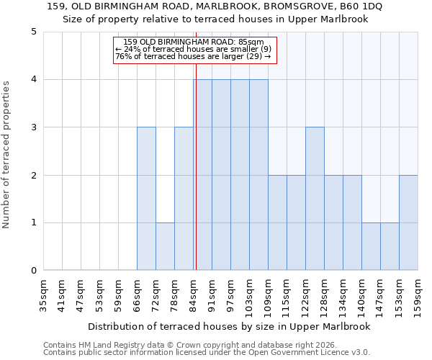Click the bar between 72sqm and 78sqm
165,246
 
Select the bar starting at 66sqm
146,199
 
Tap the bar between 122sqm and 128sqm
315,199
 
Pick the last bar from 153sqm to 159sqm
408,222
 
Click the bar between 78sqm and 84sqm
184,199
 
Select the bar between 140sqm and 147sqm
371,246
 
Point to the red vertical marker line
196,180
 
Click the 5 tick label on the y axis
33,32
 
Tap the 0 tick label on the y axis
33,271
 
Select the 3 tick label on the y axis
33,127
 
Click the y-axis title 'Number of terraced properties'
6,155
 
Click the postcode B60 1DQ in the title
358,6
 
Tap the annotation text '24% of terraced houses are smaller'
193,49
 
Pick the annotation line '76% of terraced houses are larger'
188,56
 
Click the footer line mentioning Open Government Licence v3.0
207,352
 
